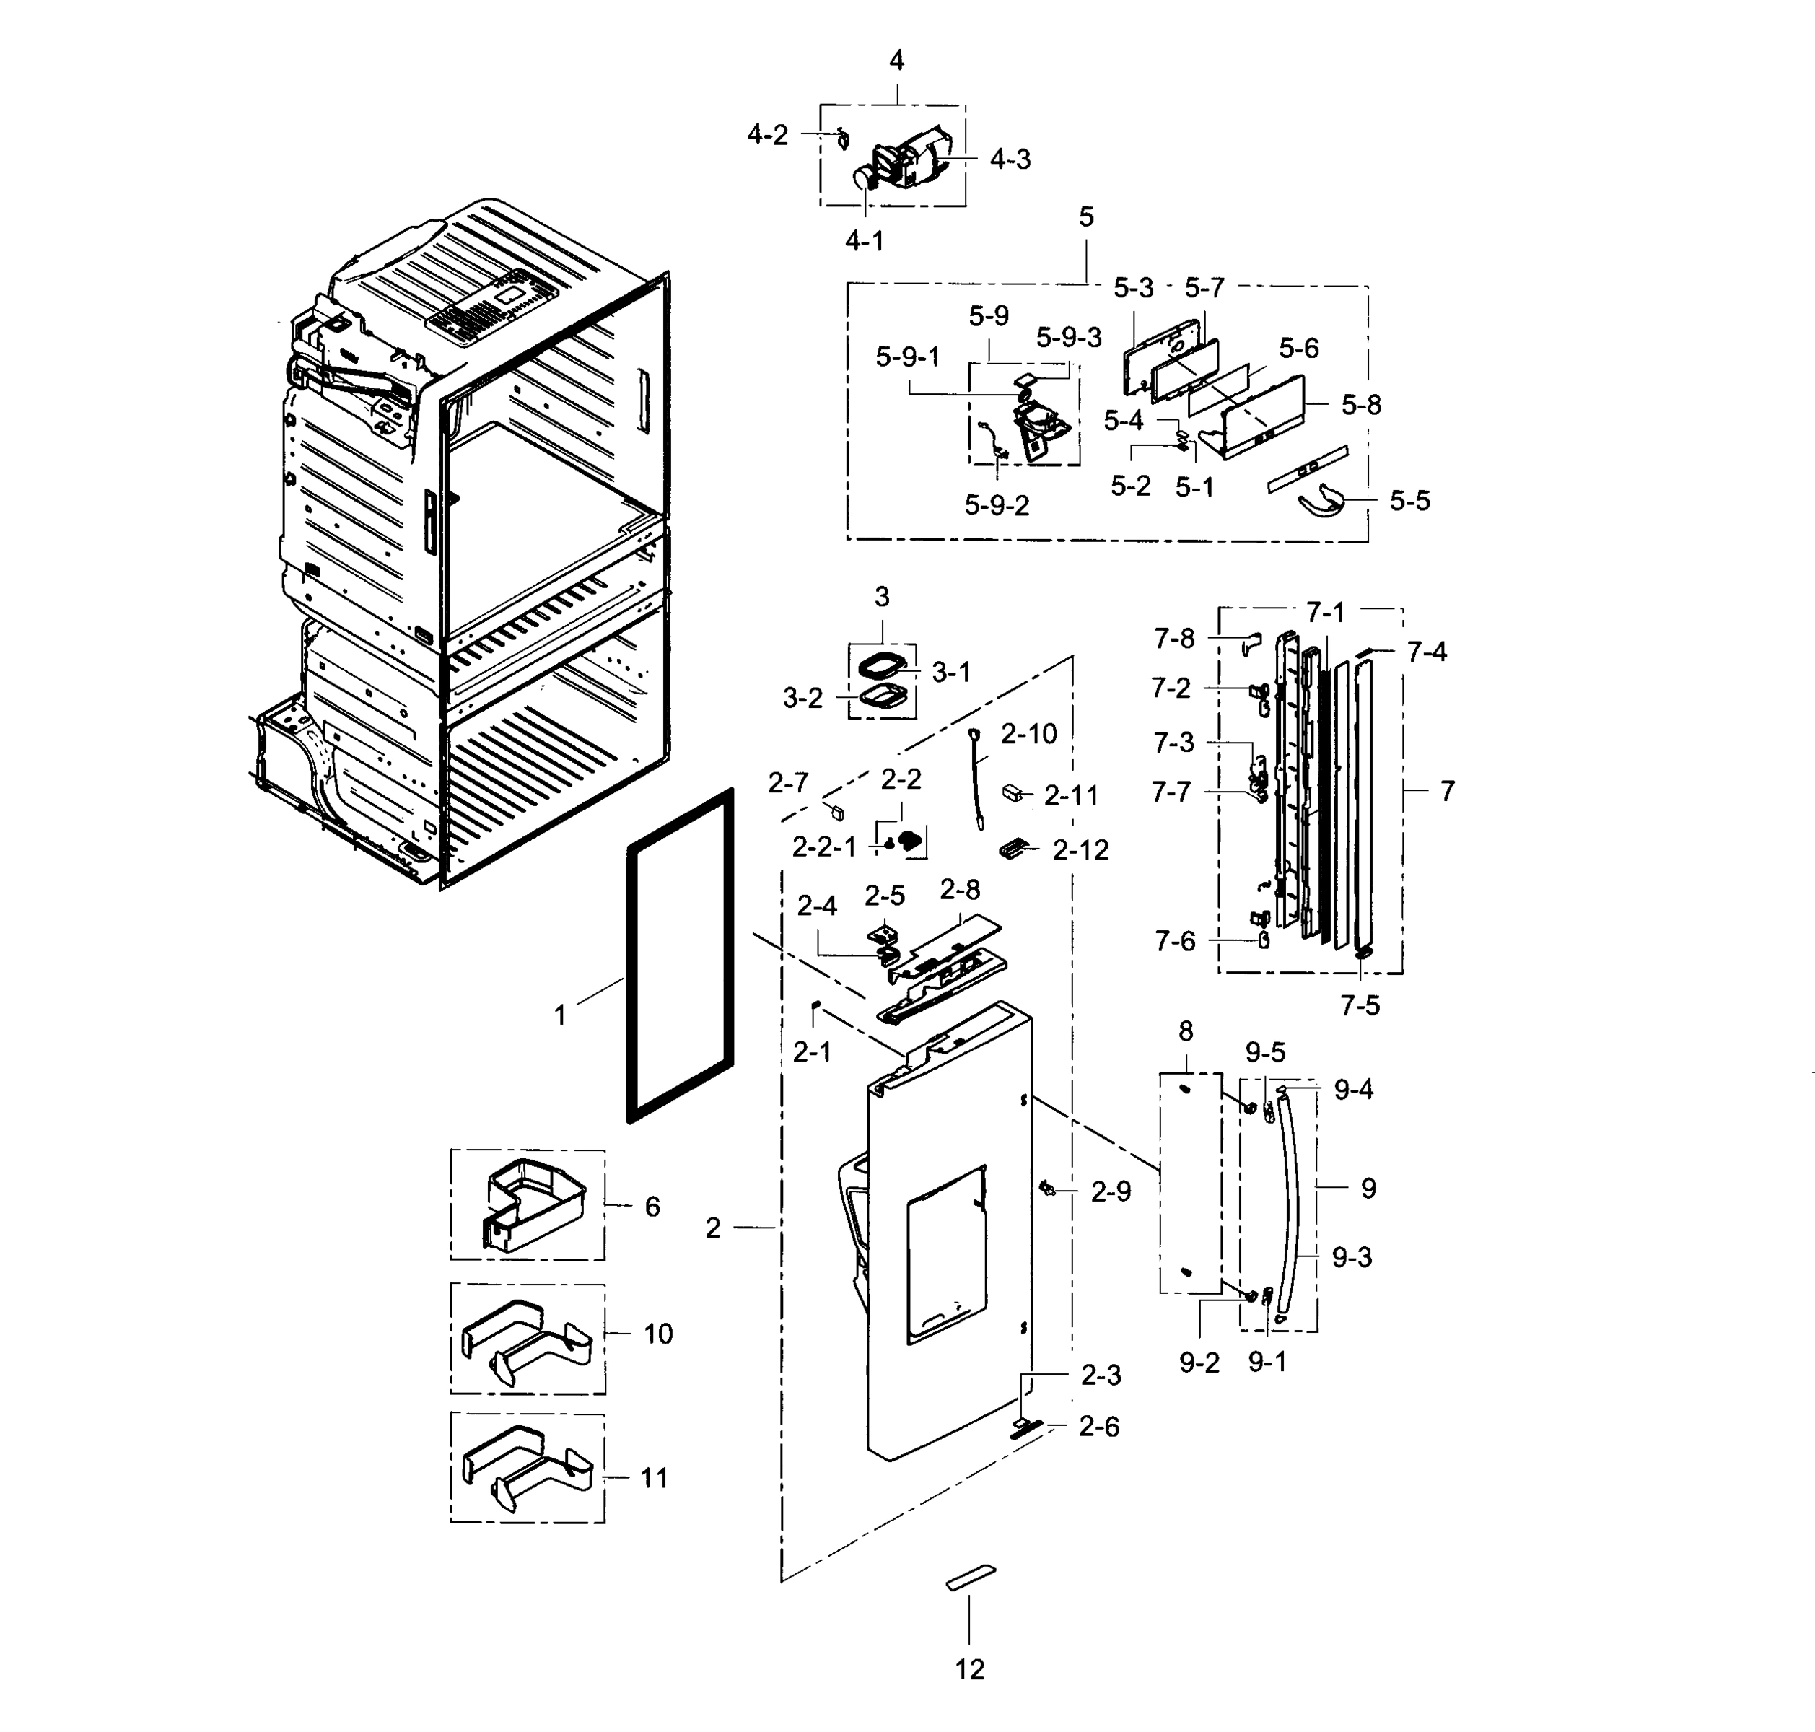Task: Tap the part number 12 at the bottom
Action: coord(969,1669)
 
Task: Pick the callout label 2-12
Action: coord(1080,850)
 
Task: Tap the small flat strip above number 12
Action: coord(971,1578)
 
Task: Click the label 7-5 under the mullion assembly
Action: coord(1360,1005)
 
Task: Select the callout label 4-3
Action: coord(1010,159)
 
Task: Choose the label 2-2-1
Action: coord(824,847)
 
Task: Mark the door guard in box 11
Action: coord(526,1468)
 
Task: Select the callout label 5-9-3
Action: coord(1068,338)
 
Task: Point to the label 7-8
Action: coord(1173,638)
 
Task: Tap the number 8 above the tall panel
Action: coord(1186,1031)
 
